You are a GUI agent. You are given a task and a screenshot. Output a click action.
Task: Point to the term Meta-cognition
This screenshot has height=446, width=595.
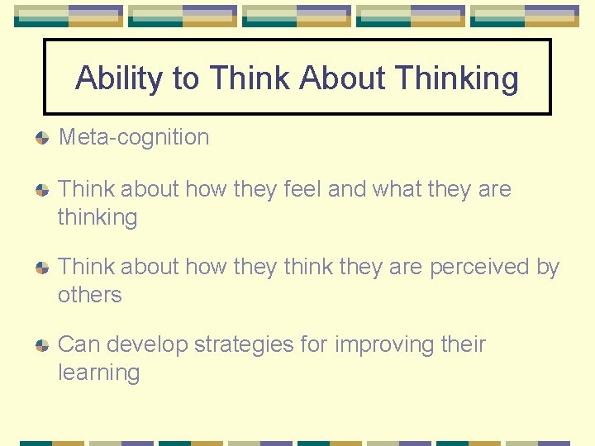[134, 137]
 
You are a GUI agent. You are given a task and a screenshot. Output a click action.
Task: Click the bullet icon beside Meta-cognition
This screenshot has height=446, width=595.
[41, 138]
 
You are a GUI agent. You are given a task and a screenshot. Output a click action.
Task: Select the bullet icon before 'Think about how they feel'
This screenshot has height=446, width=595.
[41, 190]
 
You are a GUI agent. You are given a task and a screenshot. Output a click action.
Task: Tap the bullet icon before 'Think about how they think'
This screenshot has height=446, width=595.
[41, 268]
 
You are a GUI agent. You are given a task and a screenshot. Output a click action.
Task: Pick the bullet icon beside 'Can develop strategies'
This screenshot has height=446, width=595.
[41, 345]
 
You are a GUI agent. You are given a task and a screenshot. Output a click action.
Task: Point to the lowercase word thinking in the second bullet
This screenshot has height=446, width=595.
[98, 218]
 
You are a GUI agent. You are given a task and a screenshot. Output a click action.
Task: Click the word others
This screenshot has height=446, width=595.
[89, 295]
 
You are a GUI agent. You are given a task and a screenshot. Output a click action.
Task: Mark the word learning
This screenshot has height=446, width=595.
[98, 372]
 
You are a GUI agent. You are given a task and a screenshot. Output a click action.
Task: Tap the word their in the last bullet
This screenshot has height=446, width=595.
[462, 344]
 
